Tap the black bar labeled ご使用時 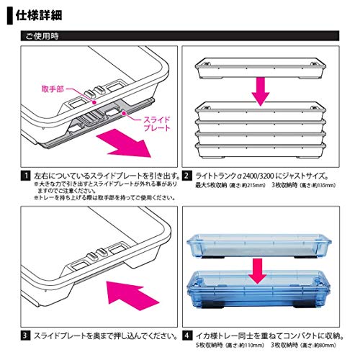point(180,35)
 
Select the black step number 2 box point(186,175)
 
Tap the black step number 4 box point(186,334)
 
